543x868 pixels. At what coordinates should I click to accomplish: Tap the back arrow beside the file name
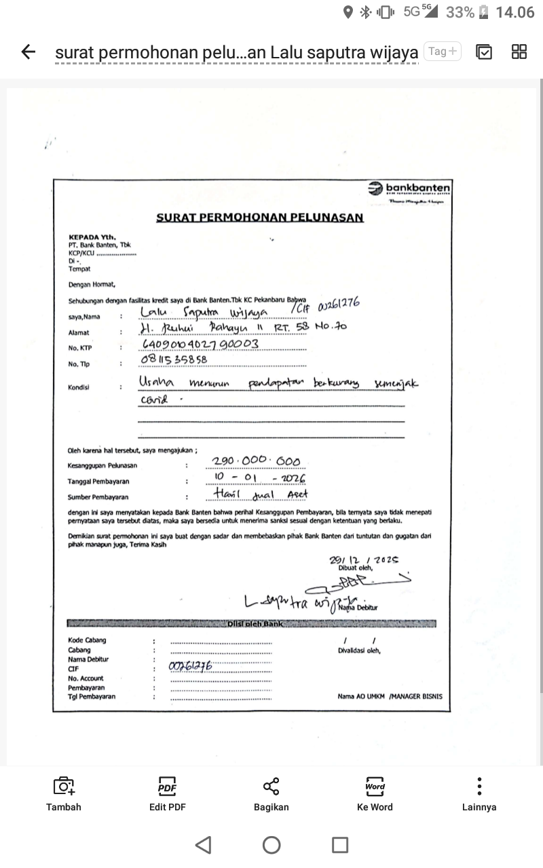28,52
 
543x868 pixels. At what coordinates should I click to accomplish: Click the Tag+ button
443,51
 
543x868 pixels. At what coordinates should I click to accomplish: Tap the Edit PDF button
167,793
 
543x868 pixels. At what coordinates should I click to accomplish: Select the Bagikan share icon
271,793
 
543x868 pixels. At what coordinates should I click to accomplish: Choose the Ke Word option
375,793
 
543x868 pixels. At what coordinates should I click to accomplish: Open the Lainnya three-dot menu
479,793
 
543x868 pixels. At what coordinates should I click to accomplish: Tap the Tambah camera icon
64,793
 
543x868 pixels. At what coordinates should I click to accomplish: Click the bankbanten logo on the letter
409,189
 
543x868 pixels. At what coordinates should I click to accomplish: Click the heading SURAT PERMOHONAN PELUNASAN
260,218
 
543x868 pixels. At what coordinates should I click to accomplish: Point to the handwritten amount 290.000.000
256,462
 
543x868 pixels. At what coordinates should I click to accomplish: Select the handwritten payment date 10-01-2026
258,479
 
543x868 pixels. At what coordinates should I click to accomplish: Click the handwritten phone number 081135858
174,359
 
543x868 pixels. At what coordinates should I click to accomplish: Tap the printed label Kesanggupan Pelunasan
102,465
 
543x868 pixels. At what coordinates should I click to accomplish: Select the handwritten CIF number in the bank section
191,667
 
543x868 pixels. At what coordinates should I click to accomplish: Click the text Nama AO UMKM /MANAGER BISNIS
390,696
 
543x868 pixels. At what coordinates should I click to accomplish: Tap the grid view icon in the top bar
519,52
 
